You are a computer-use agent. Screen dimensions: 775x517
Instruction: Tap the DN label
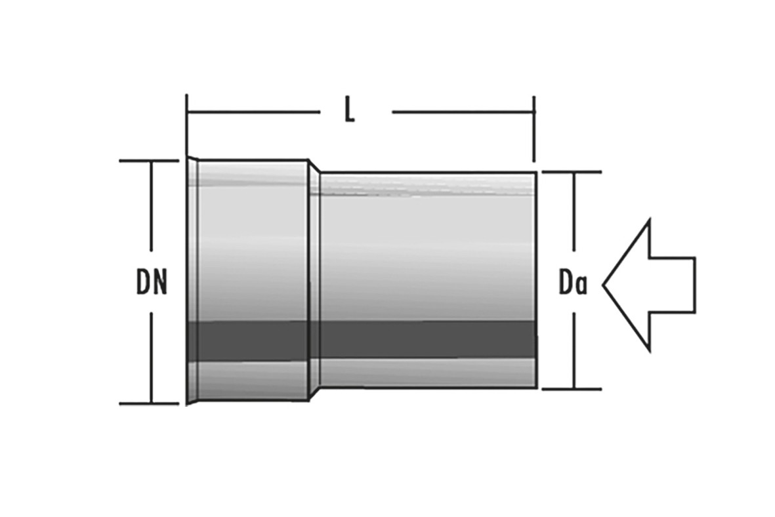point(152,282)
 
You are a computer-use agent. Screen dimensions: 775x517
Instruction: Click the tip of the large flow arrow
point(602,285)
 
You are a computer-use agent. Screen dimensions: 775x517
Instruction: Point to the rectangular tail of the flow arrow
point(673,285)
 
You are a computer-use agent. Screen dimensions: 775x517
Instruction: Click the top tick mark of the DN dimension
point(149,161)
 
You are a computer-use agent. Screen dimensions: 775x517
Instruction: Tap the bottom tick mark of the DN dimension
point(149,403)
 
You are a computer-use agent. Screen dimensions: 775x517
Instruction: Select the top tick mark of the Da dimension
point(572,172)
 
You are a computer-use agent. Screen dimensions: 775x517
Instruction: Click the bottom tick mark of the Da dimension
point(572,389)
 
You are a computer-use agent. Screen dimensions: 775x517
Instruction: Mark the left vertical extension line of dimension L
point(187,123)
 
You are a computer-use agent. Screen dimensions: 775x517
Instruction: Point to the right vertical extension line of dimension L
point(534,129)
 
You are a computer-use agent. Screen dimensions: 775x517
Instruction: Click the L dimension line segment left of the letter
point(253,112)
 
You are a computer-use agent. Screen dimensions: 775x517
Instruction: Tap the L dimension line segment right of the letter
point(463,112)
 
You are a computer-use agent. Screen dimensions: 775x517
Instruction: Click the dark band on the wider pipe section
point(248,342)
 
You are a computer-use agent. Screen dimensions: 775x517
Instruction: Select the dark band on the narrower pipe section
point(428,340)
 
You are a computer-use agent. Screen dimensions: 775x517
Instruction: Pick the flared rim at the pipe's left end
point(192,281)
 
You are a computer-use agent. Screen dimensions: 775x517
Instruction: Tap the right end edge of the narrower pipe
point(535,280)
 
